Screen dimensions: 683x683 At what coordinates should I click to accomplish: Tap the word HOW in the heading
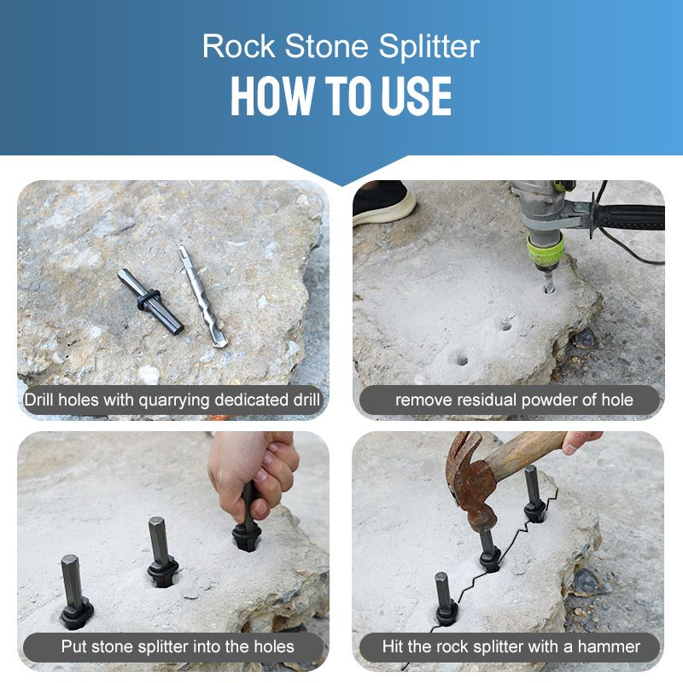pyautogui.click(x=265, y=96)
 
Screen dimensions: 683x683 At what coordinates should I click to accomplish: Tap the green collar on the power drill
pyautogui.click(x=544, y=250)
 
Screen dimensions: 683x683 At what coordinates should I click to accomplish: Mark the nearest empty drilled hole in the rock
pyautogui.click(x=459, y=359)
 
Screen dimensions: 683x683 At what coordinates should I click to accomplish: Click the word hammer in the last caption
pyautogui.click(x=612, y=646)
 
